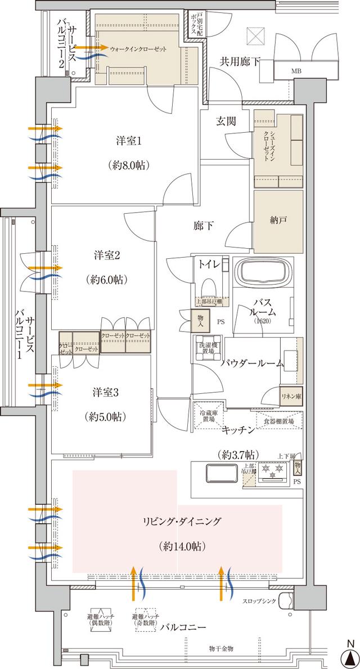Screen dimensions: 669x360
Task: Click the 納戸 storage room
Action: coord(278,221)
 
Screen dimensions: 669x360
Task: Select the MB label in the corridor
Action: coord(296,71)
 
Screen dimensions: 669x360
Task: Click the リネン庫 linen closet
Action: coord(291,397)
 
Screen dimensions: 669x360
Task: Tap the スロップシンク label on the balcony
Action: coord(260,601)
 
